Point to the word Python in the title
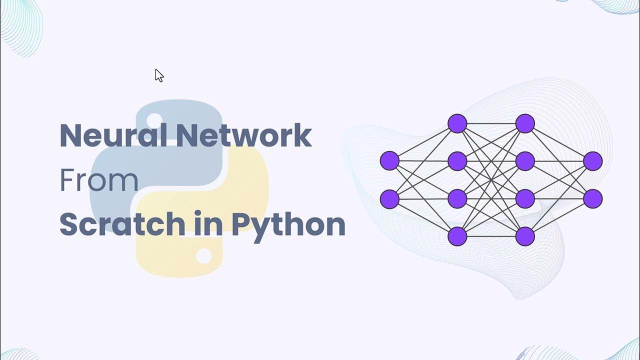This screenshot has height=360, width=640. tap(288, 225)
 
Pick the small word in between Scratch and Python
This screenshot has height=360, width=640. tap(209, 224)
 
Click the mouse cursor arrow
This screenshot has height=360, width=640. tap(158, 75)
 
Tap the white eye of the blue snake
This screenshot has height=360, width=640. tap(154, 119)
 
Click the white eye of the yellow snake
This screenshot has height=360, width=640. tap(203, 256)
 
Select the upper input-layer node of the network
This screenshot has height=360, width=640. tap(389, 161)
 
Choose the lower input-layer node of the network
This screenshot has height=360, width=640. tap(389, 199)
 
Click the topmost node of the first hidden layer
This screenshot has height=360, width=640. tap(457, 123)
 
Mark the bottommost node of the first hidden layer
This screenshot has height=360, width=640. tap(457, 236)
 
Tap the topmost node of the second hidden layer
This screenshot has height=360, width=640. tap(525, 123)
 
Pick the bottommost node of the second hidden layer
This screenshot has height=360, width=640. tap(525, 236)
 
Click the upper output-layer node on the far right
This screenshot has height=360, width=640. tap(592, 161)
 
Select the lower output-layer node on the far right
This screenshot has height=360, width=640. tap(592, 199)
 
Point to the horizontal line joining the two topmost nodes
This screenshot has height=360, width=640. tap(491, 123)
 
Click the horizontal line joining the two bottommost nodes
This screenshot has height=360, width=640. tap(491, 236)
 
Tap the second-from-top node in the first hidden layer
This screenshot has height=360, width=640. tap(457, 161)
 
